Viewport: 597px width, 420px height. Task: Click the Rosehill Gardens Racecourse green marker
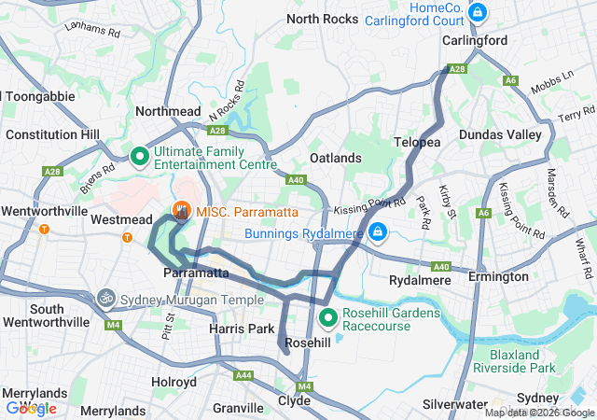point(328,319)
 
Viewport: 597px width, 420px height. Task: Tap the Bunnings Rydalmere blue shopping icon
point(377,231)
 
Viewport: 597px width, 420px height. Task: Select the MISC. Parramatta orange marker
point(181,212)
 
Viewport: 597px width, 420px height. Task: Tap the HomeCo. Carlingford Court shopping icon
point(478,12)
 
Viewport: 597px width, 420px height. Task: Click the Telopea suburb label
point(417,142)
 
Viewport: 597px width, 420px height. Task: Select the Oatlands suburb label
point(335,158)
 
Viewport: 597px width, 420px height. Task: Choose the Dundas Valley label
point(500,134)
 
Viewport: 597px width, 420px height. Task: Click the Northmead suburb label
point(168,110)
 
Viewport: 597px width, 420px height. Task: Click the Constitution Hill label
point(52,134)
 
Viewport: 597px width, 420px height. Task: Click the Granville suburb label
point(238,408)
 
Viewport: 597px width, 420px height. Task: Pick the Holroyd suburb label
point(174,382)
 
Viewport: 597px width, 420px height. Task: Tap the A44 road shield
point(244,375)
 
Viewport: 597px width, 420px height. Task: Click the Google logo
point(31,408)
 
